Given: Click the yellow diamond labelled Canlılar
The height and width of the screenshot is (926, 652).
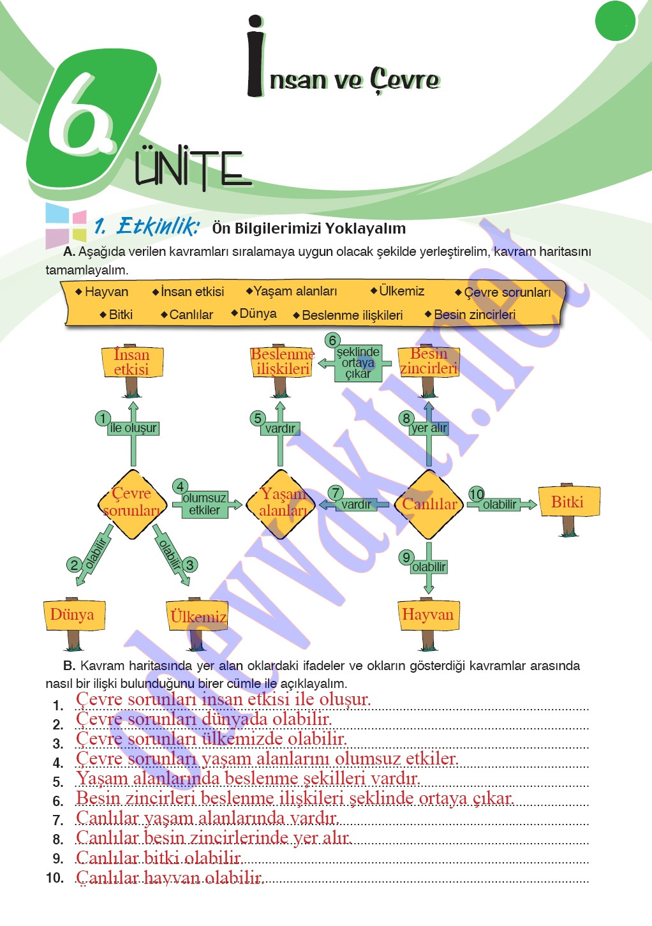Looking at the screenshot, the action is click(429, 504).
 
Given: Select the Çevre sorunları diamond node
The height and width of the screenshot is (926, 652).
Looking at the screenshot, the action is click(132, 504).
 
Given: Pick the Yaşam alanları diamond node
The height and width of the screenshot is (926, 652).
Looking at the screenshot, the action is click(282, 504).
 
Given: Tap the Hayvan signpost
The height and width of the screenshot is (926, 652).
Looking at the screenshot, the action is click(428, 615).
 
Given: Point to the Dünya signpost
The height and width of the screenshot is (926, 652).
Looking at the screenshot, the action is click(73, 615).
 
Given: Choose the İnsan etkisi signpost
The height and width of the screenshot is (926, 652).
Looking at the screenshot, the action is click(131, 362).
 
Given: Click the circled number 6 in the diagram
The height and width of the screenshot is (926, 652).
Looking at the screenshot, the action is click(332, 340).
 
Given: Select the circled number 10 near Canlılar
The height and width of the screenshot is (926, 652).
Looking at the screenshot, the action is click(477, 494).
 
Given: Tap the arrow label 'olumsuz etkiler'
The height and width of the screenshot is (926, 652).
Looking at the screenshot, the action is click(204, 504).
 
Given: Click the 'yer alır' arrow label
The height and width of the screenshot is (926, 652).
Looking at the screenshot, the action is click(429, 428).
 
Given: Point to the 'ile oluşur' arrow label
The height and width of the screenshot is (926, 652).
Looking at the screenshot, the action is click(133, 428).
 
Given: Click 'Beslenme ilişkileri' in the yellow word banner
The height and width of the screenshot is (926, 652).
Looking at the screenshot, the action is click(352, 315).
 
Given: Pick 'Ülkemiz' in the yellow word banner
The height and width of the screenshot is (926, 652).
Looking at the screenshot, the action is click(401, 291).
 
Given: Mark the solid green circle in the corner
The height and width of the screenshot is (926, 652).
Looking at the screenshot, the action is click(615, 20).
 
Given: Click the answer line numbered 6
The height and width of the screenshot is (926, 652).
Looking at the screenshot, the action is click(295, 798).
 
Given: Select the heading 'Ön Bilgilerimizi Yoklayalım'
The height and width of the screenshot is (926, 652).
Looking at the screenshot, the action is click(309, 228).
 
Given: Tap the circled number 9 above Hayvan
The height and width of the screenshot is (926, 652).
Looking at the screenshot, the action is click(406, 557).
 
